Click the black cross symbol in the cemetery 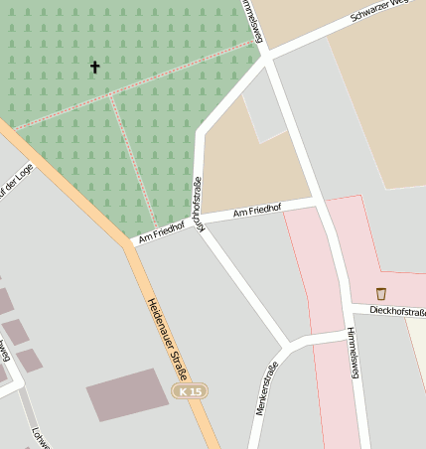[95, 67]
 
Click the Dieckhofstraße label [396, 312]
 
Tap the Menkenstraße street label [265, 388]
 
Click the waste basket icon [381, 293]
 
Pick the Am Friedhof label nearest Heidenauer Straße [162, 230]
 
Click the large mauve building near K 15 [127, 394]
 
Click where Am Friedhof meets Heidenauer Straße [131, 242]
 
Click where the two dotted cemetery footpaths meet [111, 95]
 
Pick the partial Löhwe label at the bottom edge [40, 438]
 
